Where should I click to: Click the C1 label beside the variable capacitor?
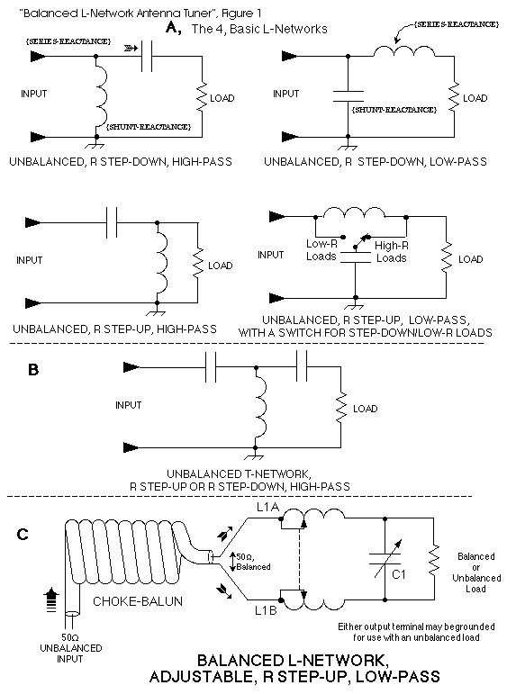click(399, 574)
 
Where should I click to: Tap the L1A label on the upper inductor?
click(267, 507)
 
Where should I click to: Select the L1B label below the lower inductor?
click(266, 610)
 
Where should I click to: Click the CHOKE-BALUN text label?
click(138, 601)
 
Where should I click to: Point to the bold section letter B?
click(33, 370)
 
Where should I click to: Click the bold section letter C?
click(23, 535)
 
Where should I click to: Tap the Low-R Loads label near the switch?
click(321, 250)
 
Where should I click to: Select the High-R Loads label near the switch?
click(392, 252)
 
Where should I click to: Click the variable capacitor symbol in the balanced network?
click(385, 559)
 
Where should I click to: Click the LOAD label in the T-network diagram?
click(365, 409)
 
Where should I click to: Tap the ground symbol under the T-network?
click(255, 455)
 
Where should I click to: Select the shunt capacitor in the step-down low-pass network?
click(349, 96)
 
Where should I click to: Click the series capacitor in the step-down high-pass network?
click(147, 56)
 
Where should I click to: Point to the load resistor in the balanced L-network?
click(434, 560)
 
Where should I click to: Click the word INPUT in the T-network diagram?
click(129, 405)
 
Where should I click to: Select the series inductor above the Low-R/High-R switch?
click(353, 212)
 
